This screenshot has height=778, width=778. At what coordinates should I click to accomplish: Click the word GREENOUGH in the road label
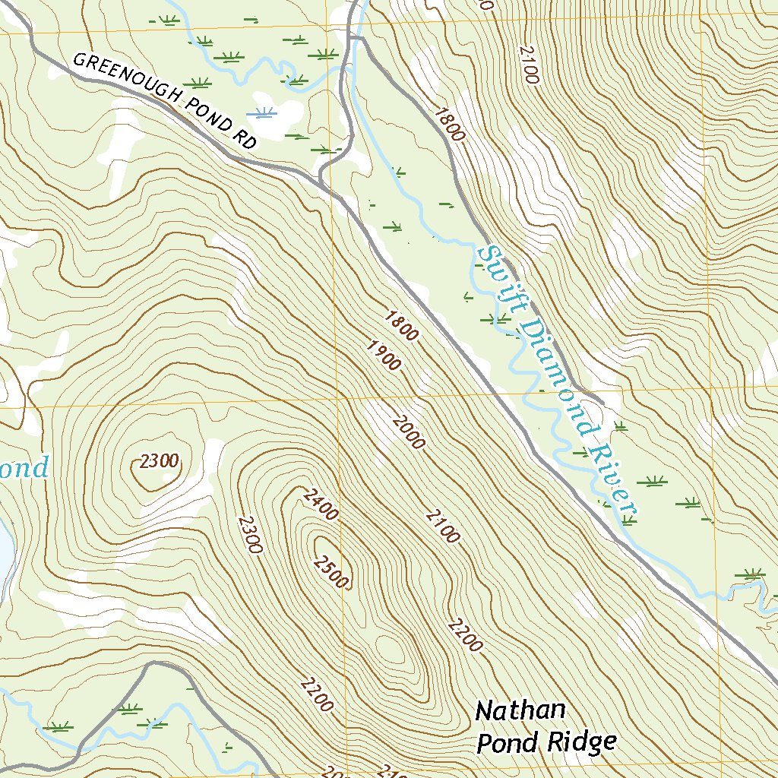[x=127, y=80]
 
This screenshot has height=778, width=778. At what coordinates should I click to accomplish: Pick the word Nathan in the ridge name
[x=520, y=712]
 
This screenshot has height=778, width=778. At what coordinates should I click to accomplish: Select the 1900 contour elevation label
[x=383, y=356]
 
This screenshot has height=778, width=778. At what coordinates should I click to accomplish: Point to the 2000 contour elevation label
[x=409, y=432]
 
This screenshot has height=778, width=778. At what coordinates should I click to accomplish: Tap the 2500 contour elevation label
[x=330, y=571]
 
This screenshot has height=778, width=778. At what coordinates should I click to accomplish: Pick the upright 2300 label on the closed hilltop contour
[x=159, y=460]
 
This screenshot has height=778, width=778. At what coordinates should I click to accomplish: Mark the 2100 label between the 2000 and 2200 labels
[x=442, y=527]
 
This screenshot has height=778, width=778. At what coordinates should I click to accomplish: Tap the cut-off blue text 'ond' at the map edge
[x=23, y=467]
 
